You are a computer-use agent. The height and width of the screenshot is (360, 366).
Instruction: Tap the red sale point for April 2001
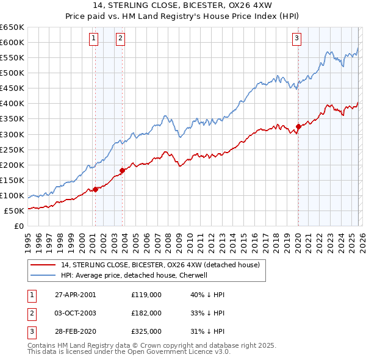pyautogui.click(x=96, y=189)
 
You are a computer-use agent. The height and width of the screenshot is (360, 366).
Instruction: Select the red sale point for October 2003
pyautogui.click(x=122, y=170)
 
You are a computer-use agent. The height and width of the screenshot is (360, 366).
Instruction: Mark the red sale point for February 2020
pyautogui.click(x=298, y=127)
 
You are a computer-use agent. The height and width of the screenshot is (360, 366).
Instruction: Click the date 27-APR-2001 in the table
pyautogui.click(x=75, y=295)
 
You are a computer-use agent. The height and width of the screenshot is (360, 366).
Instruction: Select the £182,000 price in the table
pyautogui.click(x=146, y=313)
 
